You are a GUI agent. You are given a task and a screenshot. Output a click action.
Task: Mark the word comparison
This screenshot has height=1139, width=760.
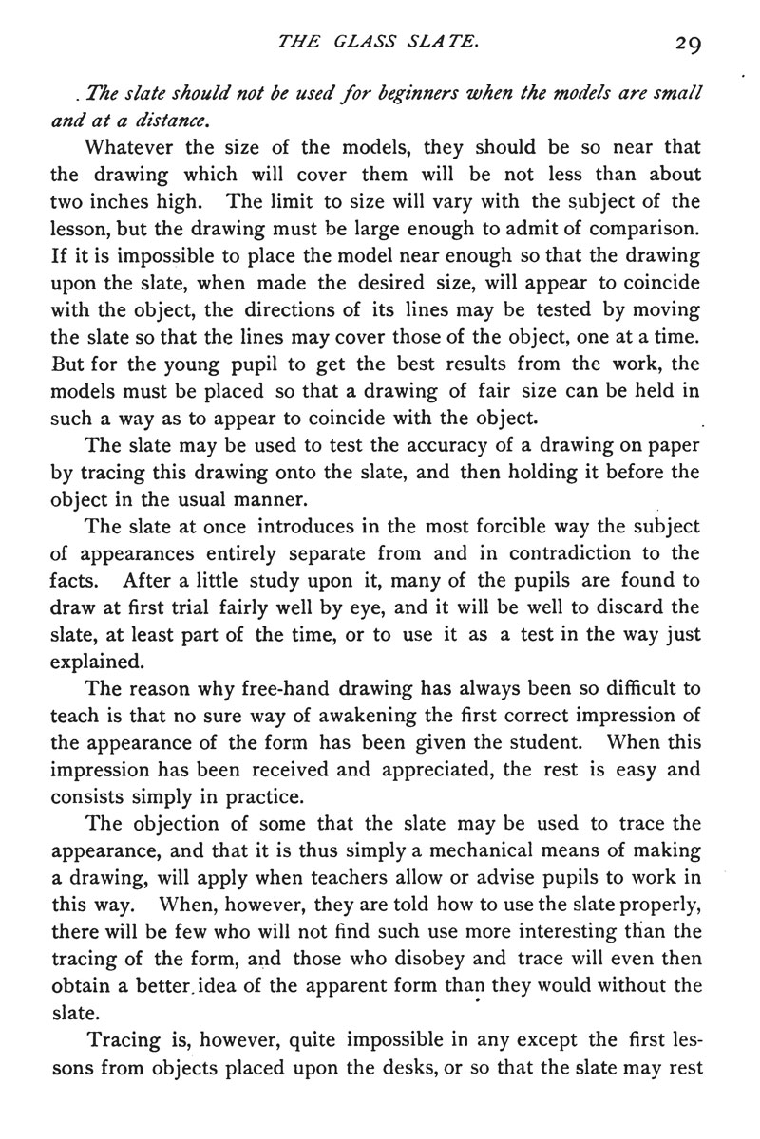pyautogui.click(x=646, y=228)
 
